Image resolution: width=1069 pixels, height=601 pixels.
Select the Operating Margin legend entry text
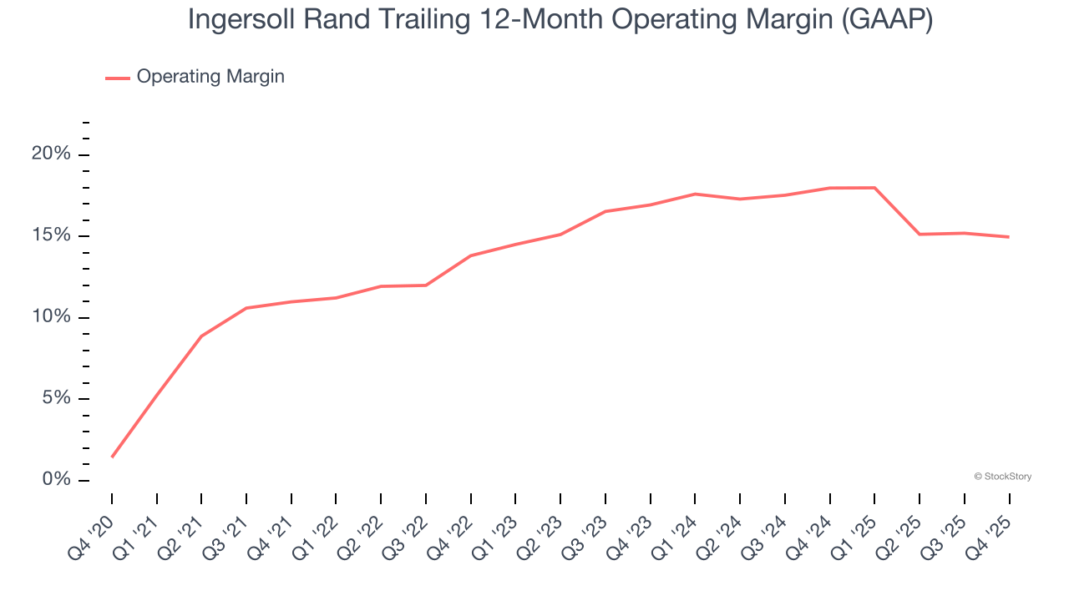click(x=210, y=77)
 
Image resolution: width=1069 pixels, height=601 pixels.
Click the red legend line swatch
click(x=118, y=78)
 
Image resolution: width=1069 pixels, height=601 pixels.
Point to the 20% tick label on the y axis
click(x=51, y=154)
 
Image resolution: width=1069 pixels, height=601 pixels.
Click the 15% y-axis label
click(x=51, y=235)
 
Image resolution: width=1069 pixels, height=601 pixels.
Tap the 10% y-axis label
click(x=51, y=317)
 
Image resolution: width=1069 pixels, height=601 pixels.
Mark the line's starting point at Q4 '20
click(x=112, y=457)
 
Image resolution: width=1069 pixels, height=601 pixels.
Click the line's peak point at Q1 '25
click(x=874, y=188)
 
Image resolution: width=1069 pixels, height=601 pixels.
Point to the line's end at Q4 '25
click(x=1009, y=237)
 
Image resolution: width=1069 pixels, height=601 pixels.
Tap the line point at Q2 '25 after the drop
click(x=920, y=234)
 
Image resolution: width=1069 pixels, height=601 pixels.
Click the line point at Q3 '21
click(x=246, y=308)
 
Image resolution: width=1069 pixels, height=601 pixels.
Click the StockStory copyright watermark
click(x=1003, y=477)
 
